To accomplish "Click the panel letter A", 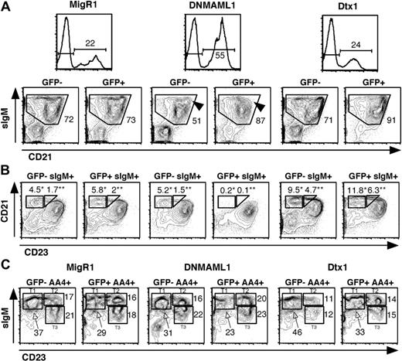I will coord(6,6).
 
